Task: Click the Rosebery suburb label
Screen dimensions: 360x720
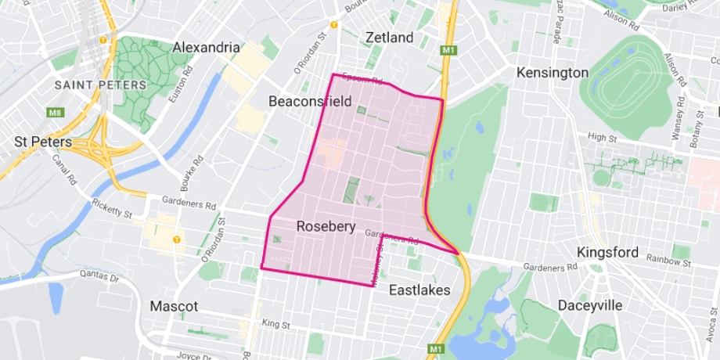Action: pos(326,227)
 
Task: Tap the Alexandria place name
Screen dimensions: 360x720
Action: pos(207,47)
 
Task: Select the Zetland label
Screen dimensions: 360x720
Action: pos(389,38)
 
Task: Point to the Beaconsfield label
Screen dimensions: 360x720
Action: pos(315,101)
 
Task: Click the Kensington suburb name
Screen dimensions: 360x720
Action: pos(553,73)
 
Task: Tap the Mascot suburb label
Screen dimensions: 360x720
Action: pos(174,306)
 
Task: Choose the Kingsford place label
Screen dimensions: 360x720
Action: pos(607,253)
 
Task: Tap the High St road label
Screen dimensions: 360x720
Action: pos(602,137)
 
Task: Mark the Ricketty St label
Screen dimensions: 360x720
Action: pos(110,209)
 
